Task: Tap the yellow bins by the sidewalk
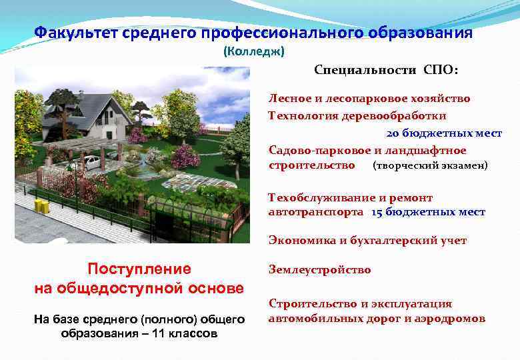pyautogui.click(x=41, y=207)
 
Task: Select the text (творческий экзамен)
pyautogui.click(x=430, y=165)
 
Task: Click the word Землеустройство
pyautogui.click(x=319, y=270)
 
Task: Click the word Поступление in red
pyautogui.click(x=139, y=269)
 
